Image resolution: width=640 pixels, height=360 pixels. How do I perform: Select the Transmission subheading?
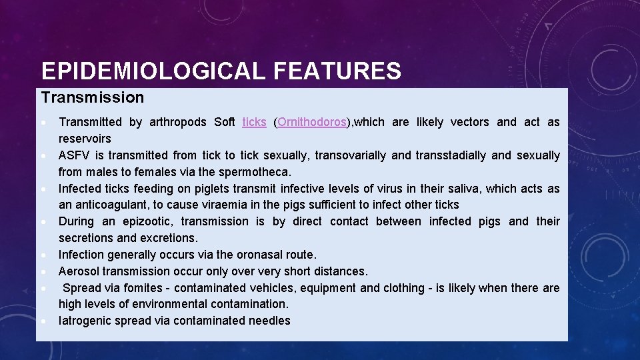tap(92, 97)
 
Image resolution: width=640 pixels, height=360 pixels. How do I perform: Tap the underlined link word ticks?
tap(254, 122)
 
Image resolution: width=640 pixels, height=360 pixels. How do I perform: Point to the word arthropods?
tap(177, 122)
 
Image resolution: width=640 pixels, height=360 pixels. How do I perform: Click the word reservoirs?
tap(85, 139)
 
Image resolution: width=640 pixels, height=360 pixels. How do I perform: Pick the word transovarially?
tap(350, 155)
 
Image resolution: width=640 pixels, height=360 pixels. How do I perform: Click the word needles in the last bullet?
tap(269, 321)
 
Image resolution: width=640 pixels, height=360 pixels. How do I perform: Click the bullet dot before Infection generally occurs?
tap(43, 255)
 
